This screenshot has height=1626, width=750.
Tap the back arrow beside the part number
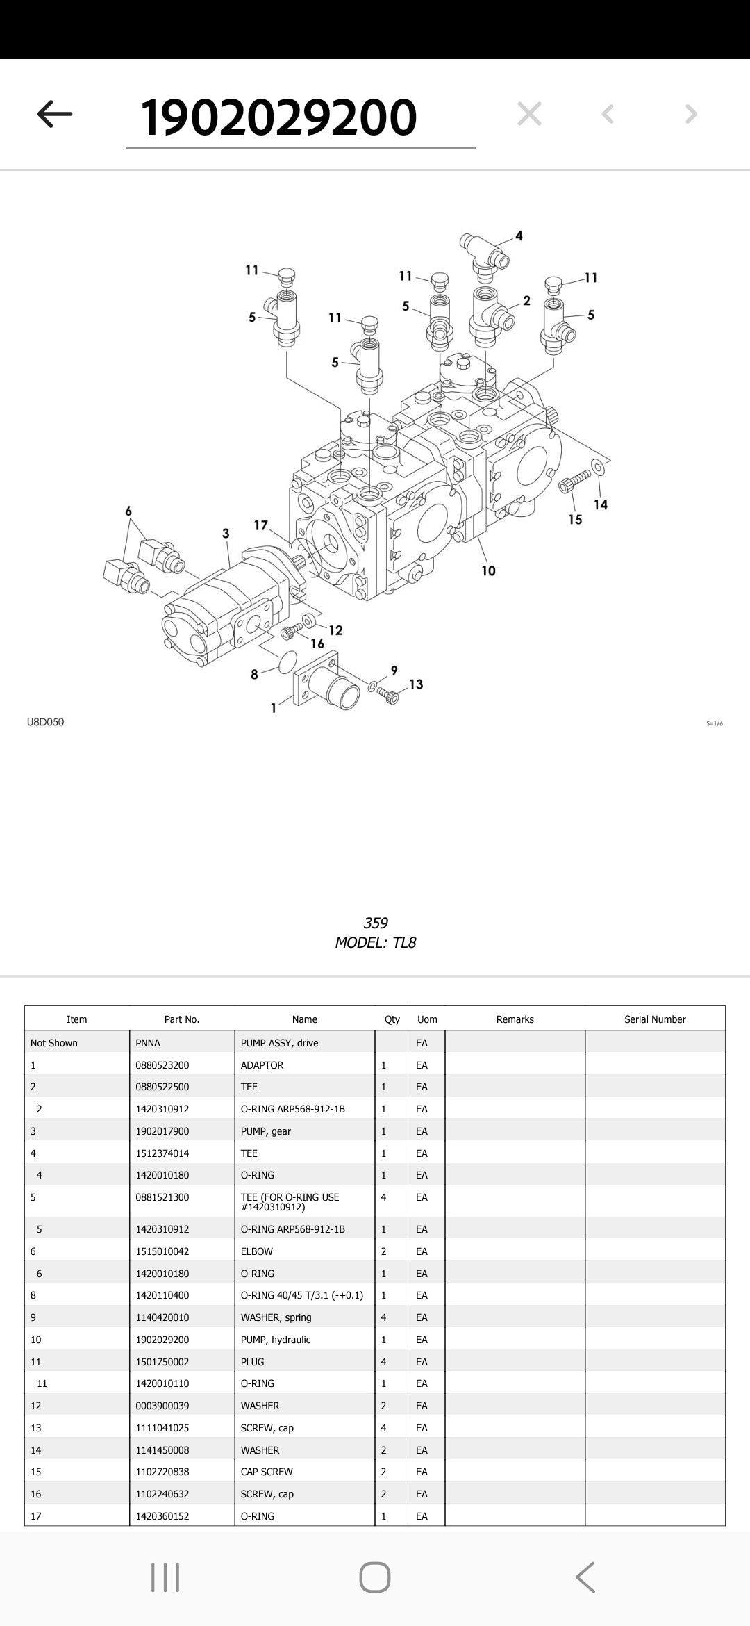pos(54,114)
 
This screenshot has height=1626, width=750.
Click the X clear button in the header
pos(529,114)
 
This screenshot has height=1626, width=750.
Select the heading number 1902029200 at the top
pos(278,117)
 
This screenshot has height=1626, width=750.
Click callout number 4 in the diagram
pos(519,236)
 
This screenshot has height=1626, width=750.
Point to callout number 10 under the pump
pos(488,570)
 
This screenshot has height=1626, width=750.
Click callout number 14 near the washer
pos(601,504)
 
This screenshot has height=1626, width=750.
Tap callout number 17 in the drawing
pos(261,525)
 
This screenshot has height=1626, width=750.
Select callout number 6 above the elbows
pos(128,511)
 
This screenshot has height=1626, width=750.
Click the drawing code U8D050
pos(45,722)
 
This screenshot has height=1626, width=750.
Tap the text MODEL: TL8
pos(375,943)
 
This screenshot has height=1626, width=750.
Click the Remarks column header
pos(515,1019)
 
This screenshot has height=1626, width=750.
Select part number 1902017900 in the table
pos(162,1131)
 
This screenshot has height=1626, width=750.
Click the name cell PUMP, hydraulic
pos(276,1340)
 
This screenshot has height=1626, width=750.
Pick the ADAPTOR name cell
pos(262,1065)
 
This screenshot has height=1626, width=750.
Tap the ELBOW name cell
pos(257,1251)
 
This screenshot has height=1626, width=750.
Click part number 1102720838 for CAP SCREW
pos(162,1472)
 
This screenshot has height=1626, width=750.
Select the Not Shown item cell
pos(54,1043)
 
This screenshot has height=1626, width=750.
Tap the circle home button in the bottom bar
pos(375,1577)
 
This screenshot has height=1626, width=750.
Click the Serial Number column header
pos(654,1019)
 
